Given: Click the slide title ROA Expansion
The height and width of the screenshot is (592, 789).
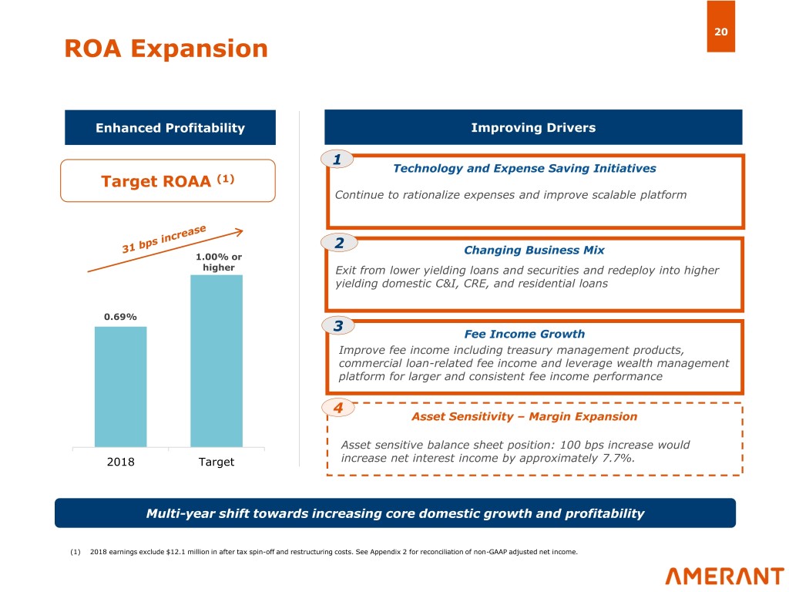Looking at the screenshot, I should coord(166,49).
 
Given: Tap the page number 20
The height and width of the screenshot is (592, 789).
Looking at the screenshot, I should coord(720,32).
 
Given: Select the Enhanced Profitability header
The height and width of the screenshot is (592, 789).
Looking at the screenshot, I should coord(170,128).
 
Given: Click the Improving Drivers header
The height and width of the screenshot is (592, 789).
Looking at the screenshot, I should coord(533,128).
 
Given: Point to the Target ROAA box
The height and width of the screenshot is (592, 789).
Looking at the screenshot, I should coord(167,181).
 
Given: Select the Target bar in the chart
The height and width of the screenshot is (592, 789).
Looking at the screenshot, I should coord(216,361).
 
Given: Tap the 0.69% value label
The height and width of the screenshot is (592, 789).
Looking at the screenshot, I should coord(120,316).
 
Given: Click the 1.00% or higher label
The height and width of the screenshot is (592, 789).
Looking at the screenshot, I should coord(218,262).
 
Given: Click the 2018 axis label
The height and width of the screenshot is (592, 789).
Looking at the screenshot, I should coord(119,462).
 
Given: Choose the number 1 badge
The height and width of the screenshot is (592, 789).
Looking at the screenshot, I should coord(337,160).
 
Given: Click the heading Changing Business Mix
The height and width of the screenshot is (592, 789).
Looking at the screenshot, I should coord(534,251).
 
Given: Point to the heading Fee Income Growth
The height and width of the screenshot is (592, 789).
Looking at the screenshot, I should coord(525,334).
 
